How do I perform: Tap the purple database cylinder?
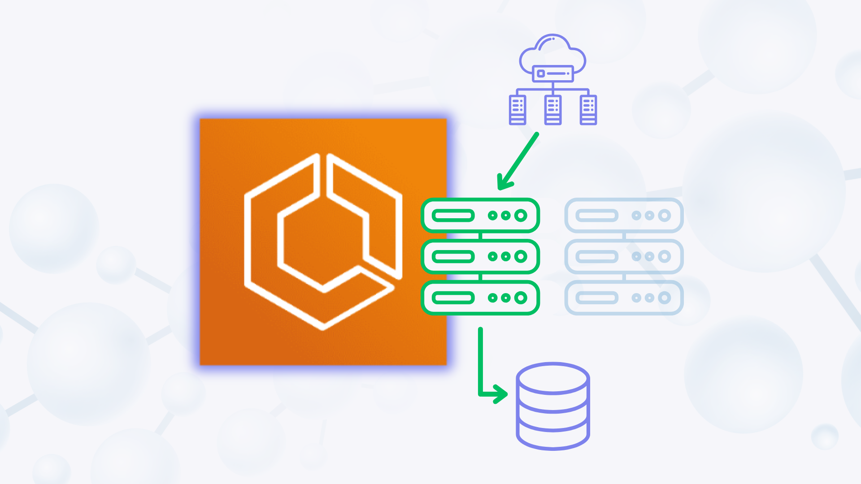tap(552, 406)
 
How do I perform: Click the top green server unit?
tap(480, 216)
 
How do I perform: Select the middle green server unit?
tap(480, 257)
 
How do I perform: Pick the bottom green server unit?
tap(480, 298)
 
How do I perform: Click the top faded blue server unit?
tap(624, 216)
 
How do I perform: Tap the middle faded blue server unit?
tap(624, 257)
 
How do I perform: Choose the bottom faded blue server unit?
tap(624, 298)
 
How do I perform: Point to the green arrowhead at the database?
tap(501, 394)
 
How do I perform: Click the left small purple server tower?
tap(517, 109)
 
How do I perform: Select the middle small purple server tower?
tap(552, 109)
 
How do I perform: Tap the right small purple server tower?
tap(588, 109)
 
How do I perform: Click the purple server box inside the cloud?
tap(552, 73)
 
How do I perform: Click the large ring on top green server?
tap(521, 216)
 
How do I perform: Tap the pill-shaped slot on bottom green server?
tap(453, 298)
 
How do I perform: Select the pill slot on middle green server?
tap(453, 257)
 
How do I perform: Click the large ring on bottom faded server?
tap(664, 298)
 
